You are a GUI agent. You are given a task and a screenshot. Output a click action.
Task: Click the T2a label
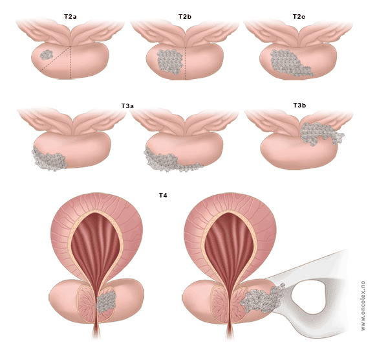(70, 17)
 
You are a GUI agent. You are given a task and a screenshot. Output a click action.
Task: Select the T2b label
(185, 16)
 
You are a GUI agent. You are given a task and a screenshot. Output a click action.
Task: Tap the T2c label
(299, 16)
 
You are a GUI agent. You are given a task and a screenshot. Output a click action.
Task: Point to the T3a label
(127, 106)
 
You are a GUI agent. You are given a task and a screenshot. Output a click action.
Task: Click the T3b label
(299, 106)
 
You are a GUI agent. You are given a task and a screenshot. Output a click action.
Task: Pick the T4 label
(163, 196)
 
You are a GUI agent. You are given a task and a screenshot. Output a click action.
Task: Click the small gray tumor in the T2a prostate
(47, 55)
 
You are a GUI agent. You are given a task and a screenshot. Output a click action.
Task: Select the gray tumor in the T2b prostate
(170, 62)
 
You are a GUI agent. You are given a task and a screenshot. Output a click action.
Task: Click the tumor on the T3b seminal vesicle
(320, 133)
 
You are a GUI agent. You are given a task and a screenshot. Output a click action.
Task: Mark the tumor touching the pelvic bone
(263, 298)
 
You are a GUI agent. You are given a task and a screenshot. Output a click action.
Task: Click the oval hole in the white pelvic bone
(308, 297)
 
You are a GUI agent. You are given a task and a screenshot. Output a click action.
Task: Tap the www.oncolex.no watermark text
(363, 306)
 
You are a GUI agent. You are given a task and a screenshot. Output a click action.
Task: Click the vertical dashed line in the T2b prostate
(186, 62)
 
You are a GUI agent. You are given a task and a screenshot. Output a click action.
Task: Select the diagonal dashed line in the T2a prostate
(55, 58)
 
